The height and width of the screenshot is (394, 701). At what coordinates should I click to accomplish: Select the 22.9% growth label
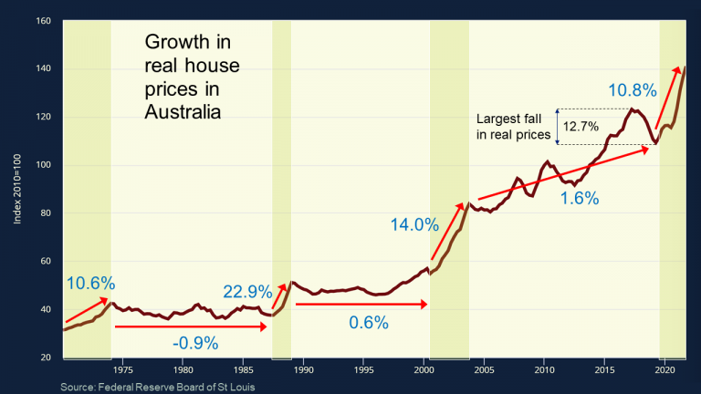[247, 293]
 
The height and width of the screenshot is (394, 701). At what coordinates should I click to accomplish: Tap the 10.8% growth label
[633, 90]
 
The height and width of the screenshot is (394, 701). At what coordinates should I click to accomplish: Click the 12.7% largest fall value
[581, 126]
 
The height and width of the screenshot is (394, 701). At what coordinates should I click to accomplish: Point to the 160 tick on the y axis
[43, 20]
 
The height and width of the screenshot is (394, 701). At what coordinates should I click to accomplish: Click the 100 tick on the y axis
[43, 165]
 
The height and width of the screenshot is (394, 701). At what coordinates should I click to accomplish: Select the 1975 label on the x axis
[123, 371]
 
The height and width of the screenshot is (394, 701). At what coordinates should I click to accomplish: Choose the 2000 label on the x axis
[424, 371]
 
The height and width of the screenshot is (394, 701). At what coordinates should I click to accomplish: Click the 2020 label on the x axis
[664, 371]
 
